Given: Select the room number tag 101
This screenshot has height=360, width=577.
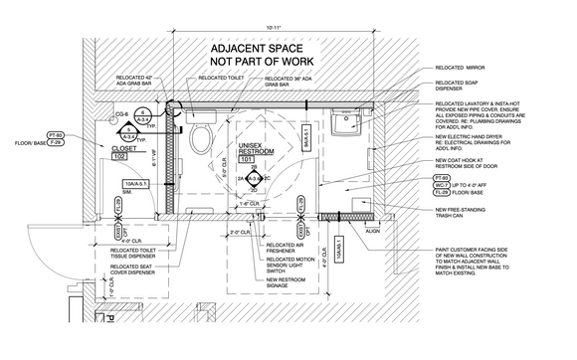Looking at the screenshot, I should point(249,159).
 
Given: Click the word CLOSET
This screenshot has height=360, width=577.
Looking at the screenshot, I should point(123,147).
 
